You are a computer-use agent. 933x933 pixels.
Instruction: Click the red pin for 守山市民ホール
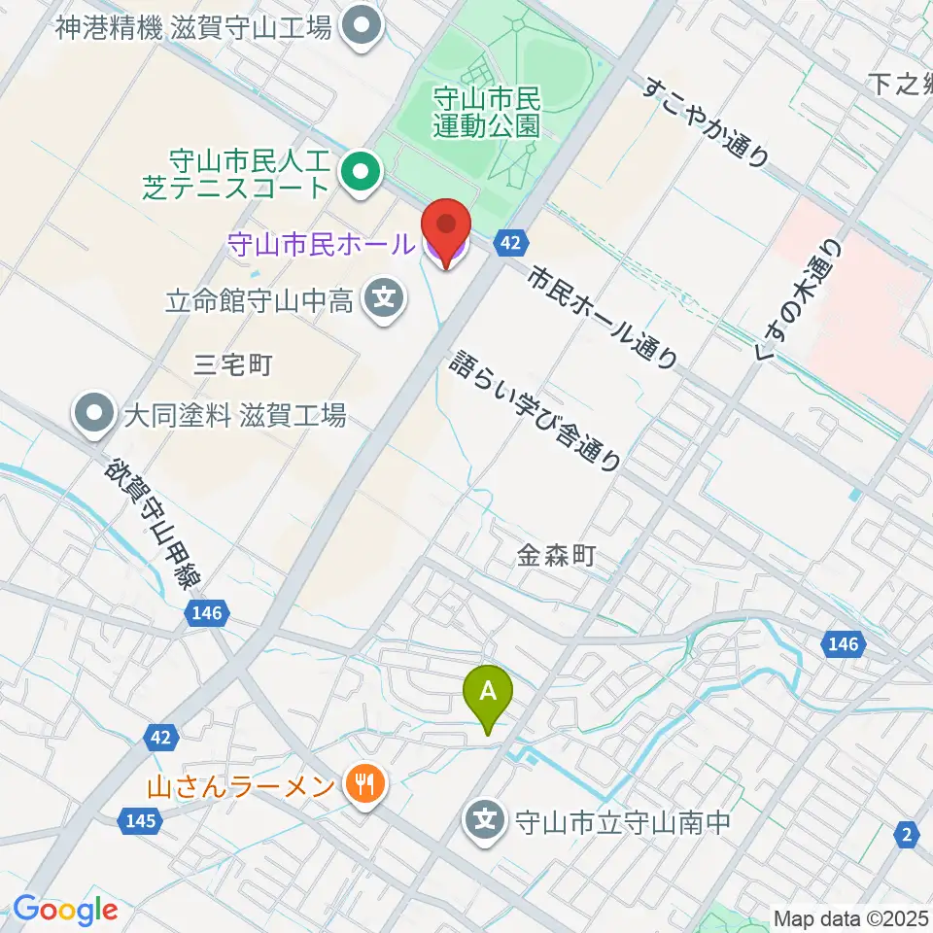pyautogui.click(x=447, y=229)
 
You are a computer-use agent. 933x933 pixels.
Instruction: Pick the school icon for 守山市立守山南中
pyautogui.click(x=486, y=822)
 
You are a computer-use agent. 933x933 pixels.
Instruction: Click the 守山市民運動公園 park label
pyautogui.click(x=486, y=111)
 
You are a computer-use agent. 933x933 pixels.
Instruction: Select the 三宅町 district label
pyautogui.click(x=233, y=365)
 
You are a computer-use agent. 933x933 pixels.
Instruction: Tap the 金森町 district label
pyautogui.click(x=555, y=556)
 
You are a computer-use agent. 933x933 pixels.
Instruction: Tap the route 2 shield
pyautogui.click(x=908, y=833)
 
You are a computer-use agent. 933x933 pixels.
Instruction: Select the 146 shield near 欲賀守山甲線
pyautogui.click(x=207, y=613)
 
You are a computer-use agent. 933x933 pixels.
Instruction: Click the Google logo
pyautogui.click(x=65, y=910)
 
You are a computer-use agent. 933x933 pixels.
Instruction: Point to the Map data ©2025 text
pyautogui.click(x=850, y=917)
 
